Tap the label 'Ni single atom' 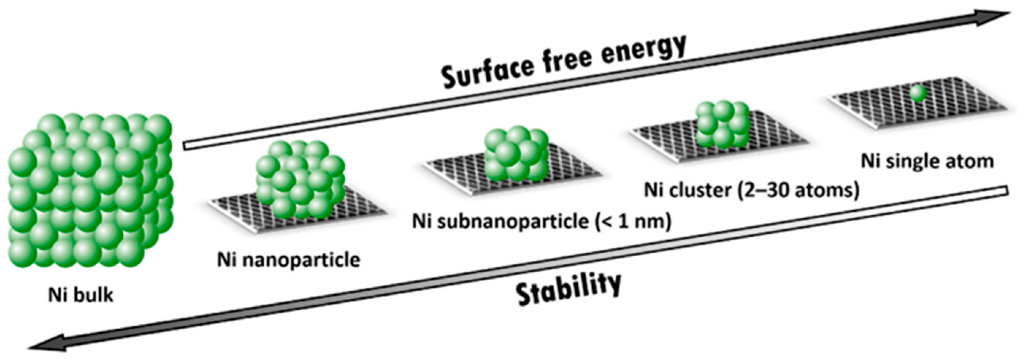(927, 162)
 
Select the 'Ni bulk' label (81, 295)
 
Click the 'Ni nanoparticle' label (289, 260)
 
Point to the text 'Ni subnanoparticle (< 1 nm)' (541, 221)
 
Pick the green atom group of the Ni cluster (722, 124)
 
